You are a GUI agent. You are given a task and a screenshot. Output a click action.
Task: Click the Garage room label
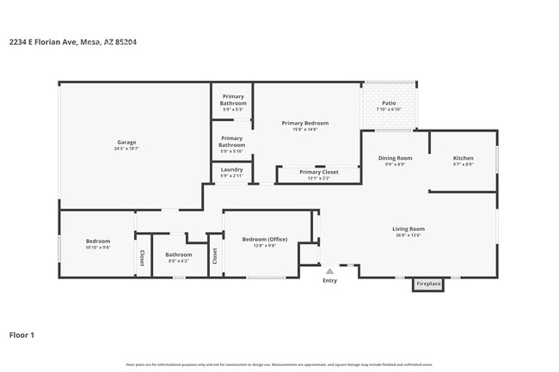coord(126,142)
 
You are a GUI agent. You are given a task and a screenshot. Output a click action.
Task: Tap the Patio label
coord(389,102)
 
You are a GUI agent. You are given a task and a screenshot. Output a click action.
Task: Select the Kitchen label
coord(463,158)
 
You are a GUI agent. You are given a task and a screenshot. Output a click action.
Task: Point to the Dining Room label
coord(396,158)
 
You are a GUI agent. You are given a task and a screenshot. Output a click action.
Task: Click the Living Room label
coord(408,229)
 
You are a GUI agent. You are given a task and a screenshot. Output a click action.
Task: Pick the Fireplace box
coord(427,284)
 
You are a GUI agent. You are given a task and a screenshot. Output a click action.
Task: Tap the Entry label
coord(330,281)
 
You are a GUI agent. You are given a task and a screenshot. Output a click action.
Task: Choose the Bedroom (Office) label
coord(265,239)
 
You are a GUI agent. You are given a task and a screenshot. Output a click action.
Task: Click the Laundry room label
coord(231,169)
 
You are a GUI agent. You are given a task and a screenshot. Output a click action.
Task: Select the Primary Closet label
coord(318,172)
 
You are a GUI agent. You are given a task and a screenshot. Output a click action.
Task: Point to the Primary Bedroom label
coord(305,123)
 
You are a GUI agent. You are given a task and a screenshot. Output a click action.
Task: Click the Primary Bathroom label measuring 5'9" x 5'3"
coord(233,99)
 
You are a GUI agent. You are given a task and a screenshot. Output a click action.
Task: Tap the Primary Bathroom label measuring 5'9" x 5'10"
coord(231,141)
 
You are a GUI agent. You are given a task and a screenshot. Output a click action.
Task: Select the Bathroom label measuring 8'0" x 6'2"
coord(179,254)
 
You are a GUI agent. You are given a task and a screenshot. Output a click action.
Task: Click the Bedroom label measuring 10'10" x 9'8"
coord(98,241)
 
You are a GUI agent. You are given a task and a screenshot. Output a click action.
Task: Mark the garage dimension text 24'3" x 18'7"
coord(126,149)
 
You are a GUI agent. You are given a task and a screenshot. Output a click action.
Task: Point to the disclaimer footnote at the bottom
coord(279,365)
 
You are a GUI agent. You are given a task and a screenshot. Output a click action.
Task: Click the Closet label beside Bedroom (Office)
coord(215,255)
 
